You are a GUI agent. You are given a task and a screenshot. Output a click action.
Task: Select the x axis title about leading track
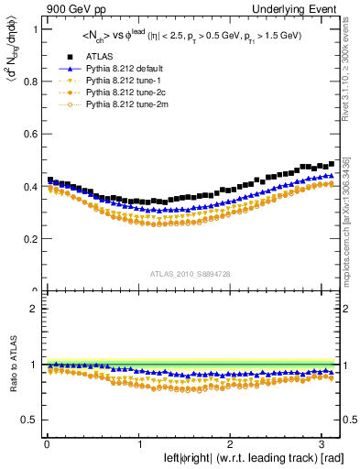pos(242,458)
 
